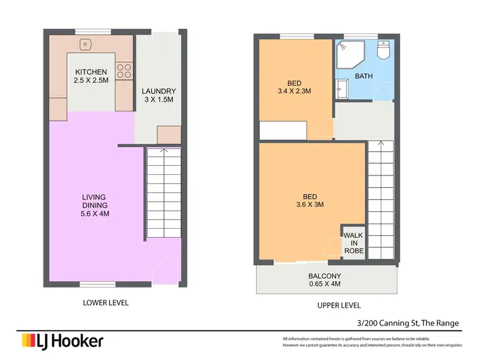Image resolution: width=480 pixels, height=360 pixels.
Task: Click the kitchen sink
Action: click(x=85, y=45)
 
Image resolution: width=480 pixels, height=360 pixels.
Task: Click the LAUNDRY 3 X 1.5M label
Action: click(x=158, y=96)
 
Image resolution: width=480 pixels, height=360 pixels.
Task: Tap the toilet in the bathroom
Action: click(x=384, y=50)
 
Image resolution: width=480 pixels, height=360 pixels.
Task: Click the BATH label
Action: click(x=364, y=76)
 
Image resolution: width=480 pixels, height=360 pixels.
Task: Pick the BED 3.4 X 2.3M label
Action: click(x=295, y=87)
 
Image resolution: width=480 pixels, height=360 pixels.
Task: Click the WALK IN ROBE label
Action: click(x=353, y=243)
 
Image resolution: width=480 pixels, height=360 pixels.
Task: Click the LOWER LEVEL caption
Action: click(x=106, y=303)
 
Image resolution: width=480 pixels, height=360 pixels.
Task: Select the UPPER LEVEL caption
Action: click(x=339, y=306)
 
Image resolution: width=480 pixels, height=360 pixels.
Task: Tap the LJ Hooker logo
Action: click(x=62, y=340)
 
